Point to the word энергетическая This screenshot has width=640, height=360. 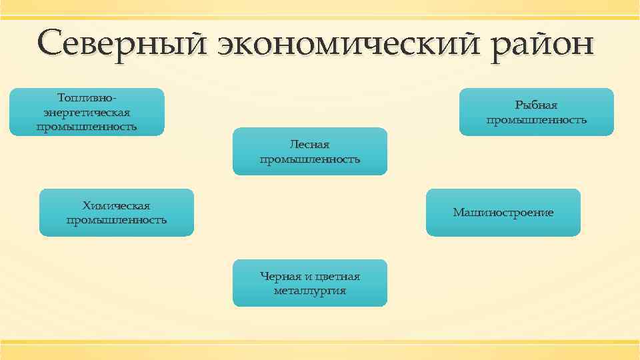coord(87,112)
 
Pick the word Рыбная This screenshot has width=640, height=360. coord(536,105)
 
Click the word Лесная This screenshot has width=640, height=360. coord(309,144)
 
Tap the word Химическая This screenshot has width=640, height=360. coord(116,205)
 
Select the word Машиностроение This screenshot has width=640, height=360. coord(503,213)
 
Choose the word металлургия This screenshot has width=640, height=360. coord(309,291)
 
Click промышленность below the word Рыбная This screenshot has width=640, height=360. coord(536,120)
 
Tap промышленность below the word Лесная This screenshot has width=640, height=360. coord(309,159)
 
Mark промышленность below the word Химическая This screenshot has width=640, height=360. coord(116,220)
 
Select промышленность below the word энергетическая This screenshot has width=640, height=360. coord(87,127)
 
